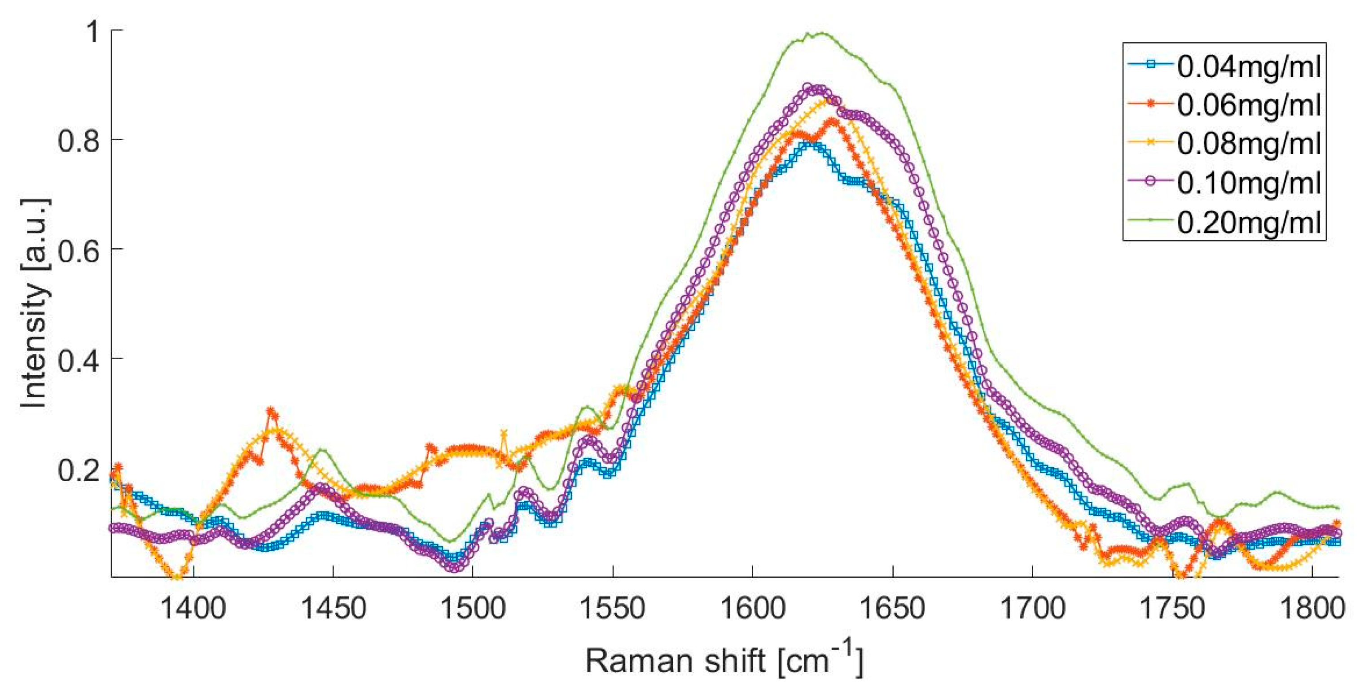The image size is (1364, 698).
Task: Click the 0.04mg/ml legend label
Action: point(1249,67)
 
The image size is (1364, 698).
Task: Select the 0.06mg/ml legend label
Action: point(1249,105)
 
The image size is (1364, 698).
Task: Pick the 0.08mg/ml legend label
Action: point(1249,144)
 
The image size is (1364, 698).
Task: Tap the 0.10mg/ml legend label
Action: point(1249,183)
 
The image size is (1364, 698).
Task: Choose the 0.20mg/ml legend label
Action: point(1249,223)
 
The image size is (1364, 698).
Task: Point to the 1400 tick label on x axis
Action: point(193,609)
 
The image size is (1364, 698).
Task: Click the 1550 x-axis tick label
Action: point(613,609)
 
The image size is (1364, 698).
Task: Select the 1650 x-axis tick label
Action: point(893,609)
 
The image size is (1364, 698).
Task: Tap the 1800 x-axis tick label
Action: point(1312,609)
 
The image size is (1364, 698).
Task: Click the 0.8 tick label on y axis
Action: point(79,140)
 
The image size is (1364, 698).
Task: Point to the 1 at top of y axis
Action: point(92,32)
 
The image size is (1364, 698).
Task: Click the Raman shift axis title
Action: point(724,661)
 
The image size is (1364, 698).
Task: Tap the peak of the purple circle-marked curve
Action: point(807,86)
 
